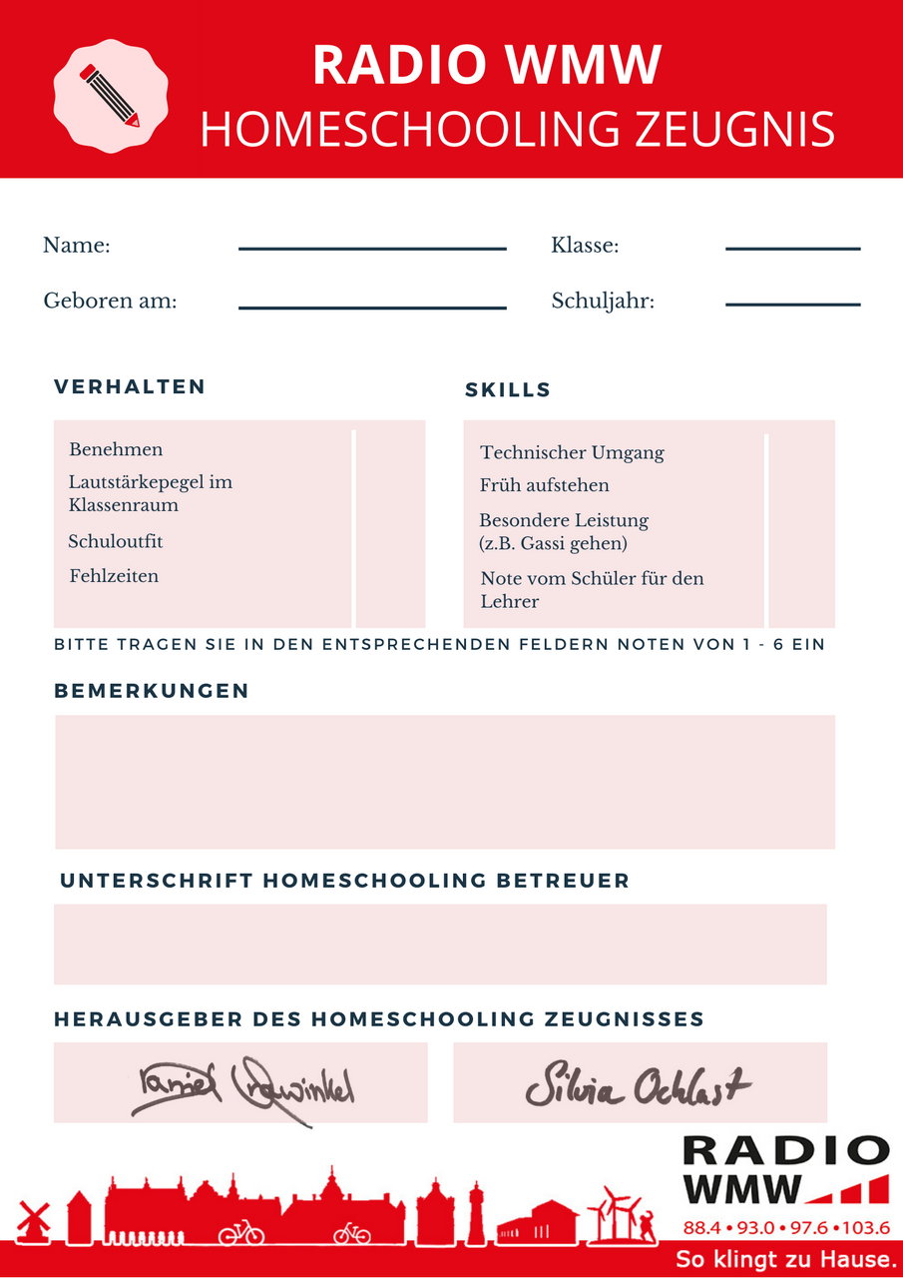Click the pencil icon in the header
coord(110,96)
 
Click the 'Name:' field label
coord(77,246)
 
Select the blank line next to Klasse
coord(792,249)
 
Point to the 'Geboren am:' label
coord(110,301)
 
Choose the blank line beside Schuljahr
coord(792,304)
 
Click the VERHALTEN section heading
coord(130,387)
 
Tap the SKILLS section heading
coord(508,390)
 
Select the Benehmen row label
coord(116,450)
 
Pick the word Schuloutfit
coord(116,542)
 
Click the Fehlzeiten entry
coord(114,576)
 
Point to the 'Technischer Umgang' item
coord(572,453)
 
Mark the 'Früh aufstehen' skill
coord(544,486)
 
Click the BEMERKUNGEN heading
coord(152,691)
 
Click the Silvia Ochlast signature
coord(639,1085)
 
